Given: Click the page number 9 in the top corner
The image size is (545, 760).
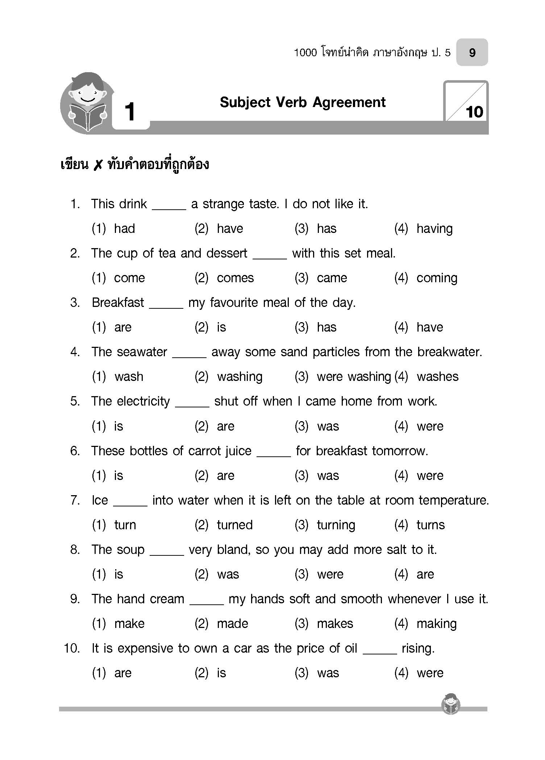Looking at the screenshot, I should click(472, 53).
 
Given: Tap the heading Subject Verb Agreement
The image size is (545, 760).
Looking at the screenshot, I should click(303, 103).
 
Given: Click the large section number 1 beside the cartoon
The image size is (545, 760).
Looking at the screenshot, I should click(130, 112).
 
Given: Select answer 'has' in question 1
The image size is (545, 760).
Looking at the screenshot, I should click(326, 229).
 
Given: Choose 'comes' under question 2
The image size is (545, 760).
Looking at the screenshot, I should click(235, 278).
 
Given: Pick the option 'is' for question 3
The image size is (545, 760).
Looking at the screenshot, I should click(221, 327).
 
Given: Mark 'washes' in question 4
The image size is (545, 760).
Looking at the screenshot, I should click(437, 377).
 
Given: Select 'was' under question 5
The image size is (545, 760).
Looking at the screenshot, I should click(328, 426).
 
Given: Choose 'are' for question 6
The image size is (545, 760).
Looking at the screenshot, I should click(225, 476).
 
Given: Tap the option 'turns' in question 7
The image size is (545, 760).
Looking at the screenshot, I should click(430, 525).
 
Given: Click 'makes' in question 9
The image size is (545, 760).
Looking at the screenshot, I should click(335, 624).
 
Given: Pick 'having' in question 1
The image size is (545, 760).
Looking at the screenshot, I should click(434, 229).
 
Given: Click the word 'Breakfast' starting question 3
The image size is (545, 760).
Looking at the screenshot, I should click(118, 303).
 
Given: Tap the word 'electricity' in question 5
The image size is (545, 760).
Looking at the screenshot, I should click(143, 401).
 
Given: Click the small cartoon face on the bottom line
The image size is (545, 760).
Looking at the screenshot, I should click(451, 704).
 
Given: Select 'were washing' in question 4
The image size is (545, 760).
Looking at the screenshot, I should click(354, 377).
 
